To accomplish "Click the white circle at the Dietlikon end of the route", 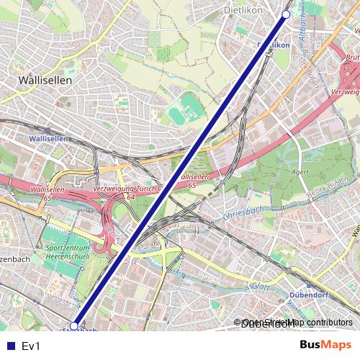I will coord(286,14).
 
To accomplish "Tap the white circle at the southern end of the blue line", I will coord(74,326).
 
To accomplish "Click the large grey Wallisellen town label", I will coord(46,81).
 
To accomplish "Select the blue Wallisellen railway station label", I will coord(48,138).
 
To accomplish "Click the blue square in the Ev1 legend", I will coord(8,346).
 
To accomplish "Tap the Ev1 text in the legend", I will coord(31,346).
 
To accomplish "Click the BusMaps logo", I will coord(325,345).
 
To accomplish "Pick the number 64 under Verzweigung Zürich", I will coord(132,196).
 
